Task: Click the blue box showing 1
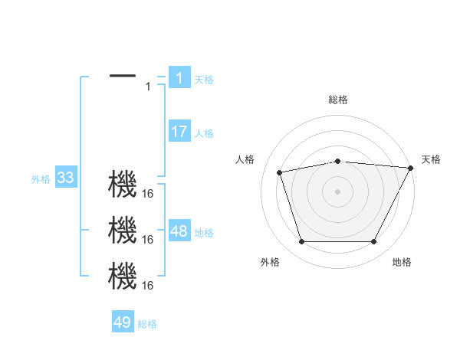tap(179, 77)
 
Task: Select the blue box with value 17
tap(179, 132)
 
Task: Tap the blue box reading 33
tap(65, 178)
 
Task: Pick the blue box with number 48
tap(179, 231)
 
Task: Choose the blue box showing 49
tap(123, 322)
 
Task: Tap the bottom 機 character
tap(123, 276)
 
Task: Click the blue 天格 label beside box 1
tap(204, 79)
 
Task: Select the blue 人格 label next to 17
tap(204, 133)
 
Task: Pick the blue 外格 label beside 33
tap(41, 179)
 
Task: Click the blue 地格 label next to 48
tap(204, 233)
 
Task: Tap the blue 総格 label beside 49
tap(147, 324)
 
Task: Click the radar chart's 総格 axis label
tap(338, 100)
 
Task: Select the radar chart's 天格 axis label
tap(431, 159)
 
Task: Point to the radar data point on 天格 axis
tap(411, 168)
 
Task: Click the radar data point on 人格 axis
tap(280, 172)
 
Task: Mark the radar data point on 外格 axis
tap(301, 242)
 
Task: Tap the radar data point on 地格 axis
tap(373, 242)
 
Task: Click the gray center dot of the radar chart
tap(337, 191)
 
